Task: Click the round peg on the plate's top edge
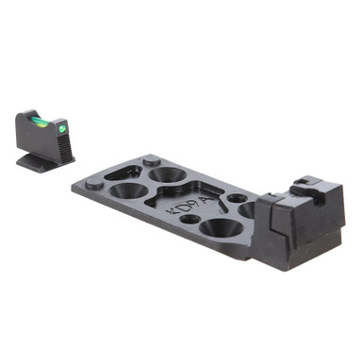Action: click(151, 162)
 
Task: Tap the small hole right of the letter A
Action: click(237, 199)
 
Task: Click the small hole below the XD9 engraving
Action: click(190, 220)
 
